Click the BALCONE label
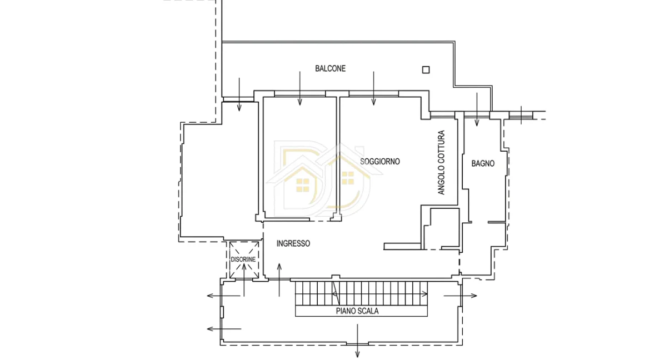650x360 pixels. [x=330, y=68]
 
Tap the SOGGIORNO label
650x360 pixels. [x=379, y=161]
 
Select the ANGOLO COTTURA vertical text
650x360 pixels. [x=441, y=163]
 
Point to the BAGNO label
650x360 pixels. [x=483, y=163]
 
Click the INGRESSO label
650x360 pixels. [x=293, y=243]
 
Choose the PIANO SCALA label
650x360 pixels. [x=357, y=311]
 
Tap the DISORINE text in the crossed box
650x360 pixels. [x=243, y=259]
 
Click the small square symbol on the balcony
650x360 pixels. [x=426, y=69]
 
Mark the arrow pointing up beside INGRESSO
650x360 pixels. [x=279, y=280]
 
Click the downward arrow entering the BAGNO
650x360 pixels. [x=477, y=109]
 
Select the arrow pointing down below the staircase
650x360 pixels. [x=357, y=341]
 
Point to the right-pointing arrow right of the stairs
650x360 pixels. [x=460, y=296]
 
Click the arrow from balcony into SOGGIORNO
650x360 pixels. [x=373, y=88]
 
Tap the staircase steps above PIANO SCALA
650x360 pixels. [x=361, y=294]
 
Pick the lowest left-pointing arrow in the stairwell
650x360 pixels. [x=224, y=329]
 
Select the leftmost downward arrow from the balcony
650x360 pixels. [x=239, y=94]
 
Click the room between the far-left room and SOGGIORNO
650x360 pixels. [x=299, y=158]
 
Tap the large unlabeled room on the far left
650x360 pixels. [x=219, y=174]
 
